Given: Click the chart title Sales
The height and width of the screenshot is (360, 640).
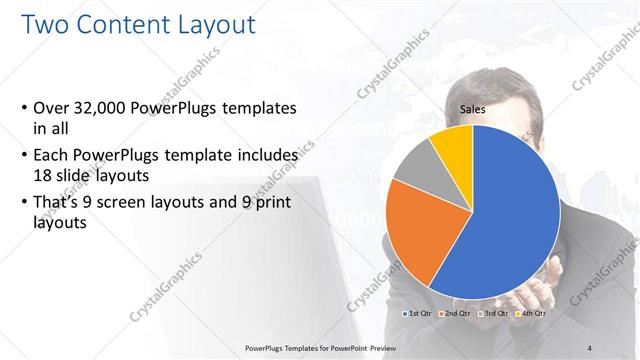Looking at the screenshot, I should click(473, 110).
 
